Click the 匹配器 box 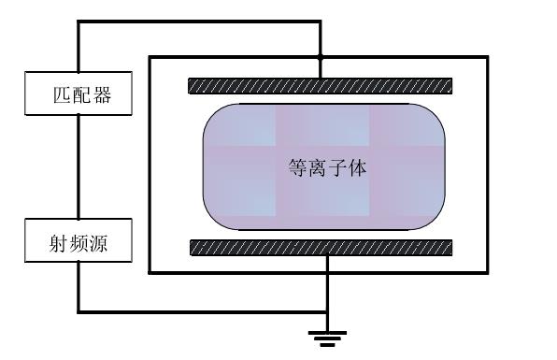78,94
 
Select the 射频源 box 78,244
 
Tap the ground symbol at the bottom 326,336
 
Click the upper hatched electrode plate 321,86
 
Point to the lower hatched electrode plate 321,248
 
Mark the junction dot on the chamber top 321,57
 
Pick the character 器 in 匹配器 97,95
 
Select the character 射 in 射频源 59,245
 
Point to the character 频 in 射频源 78,245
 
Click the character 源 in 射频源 97,245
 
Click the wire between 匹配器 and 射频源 78,169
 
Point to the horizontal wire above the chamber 196,23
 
